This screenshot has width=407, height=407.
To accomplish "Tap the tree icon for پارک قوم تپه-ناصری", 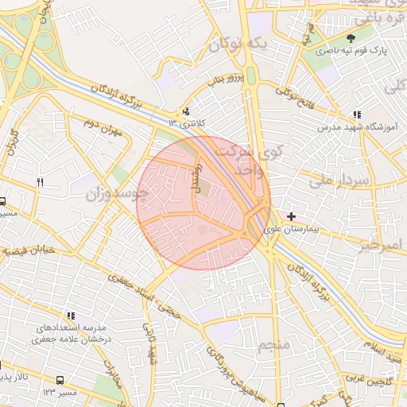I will pyautogui.click(x=351, y=37).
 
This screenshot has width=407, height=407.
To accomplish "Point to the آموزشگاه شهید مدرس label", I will pyautogui.click(x=351, y=127).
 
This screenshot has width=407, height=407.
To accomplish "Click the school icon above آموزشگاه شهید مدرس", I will pyautogui.click(x=357, y=114).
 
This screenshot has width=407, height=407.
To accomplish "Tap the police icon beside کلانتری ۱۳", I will pyautogui.click(x=186, y=111).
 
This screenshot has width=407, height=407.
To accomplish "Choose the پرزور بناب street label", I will pyautogui.click(x=223, y=80).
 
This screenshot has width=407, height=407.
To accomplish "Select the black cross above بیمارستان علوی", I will pyautogui.click(x=292, y=215).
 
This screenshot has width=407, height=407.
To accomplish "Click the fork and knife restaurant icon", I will pyautogui.click(x=41, y=182).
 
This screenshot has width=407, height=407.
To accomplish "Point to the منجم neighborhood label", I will pyautogui.click(x=273, y=344).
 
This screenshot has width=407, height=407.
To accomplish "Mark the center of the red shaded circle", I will pyautogui.click(x=203, y=202).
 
